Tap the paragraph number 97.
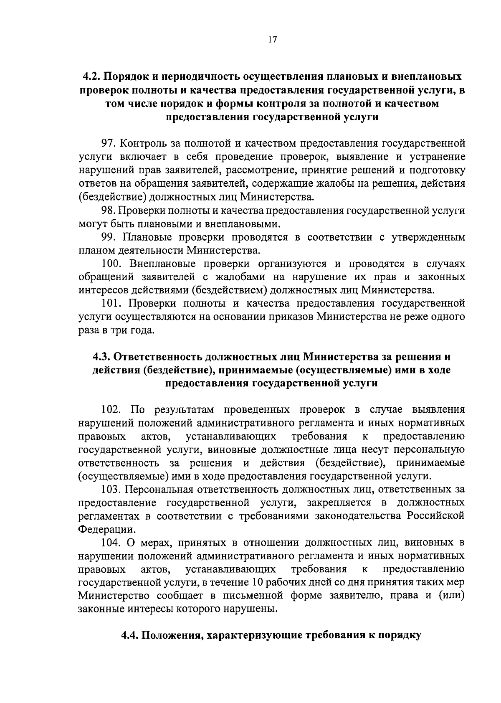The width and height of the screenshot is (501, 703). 109,144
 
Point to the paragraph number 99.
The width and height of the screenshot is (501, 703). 109,237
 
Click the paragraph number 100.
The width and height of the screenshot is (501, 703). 113,264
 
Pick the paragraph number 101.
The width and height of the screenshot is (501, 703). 113,303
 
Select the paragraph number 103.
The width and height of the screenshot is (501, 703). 113,489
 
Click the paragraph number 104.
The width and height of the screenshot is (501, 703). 113,543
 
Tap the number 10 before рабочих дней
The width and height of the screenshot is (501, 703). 258,583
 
